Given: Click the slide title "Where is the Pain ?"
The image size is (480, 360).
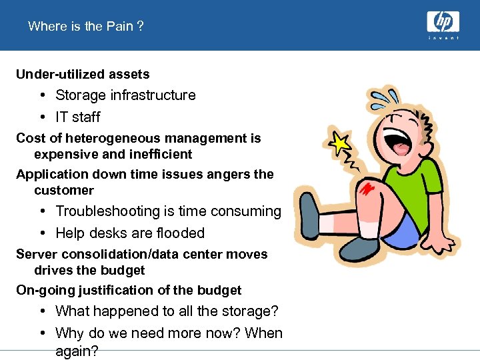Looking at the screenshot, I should pyautogui.click(x=86, y=26).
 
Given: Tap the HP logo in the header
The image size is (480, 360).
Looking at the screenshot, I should pyautogui.click(x=443, y=24).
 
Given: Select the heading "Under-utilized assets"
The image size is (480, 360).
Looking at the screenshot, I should pyautogui.click(x=83, y=74).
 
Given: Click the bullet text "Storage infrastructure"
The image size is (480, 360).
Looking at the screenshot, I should pyautogui.click(x=125, y=95).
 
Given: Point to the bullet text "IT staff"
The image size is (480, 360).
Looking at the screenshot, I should pyautogui.click(x=78, y=117).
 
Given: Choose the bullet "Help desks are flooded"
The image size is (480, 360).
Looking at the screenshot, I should pyautogui.click(x=130, y=233).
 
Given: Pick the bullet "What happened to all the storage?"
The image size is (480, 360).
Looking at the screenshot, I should pyautogui.click(x=167, y=311).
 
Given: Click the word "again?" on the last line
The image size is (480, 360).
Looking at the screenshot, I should pyautogui.click(x=77, y=351).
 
